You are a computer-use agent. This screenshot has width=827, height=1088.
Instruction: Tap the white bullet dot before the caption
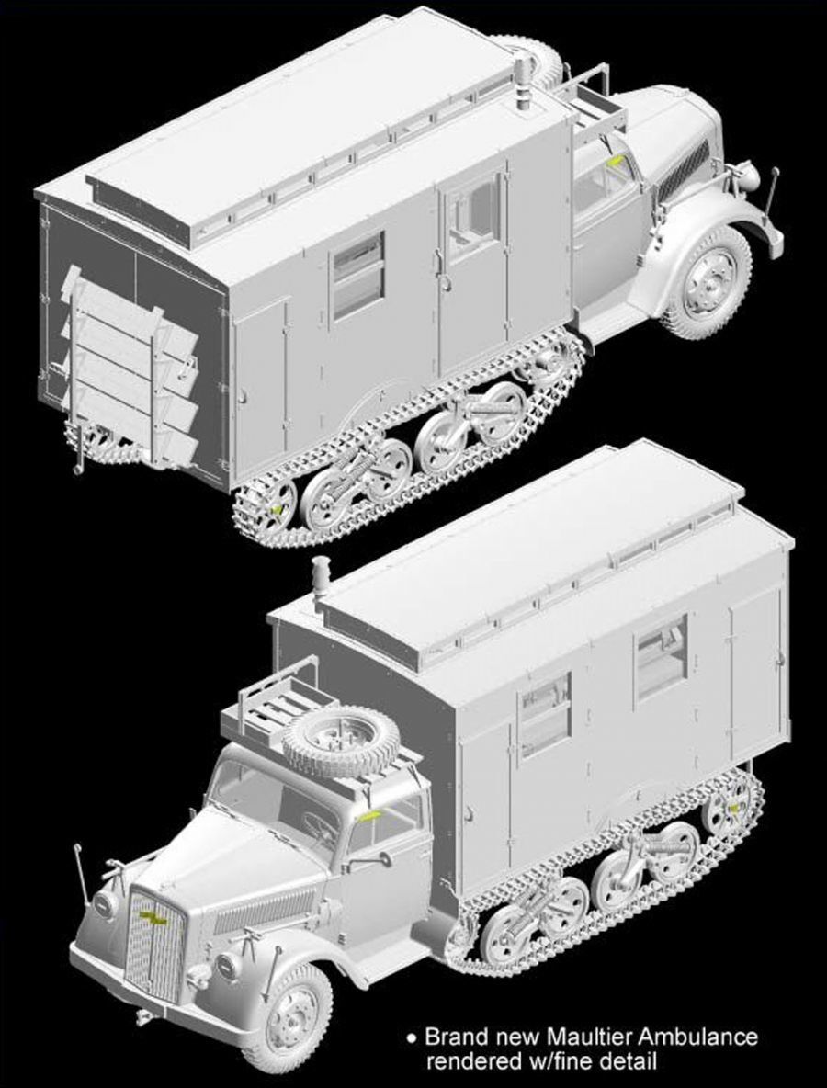(413, 1038)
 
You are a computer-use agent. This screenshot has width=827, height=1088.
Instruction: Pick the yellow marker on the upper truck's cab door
(615, 162)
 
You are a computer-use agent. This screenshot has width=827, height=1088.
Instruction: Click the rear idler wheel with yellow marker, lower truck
(729, 806)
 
